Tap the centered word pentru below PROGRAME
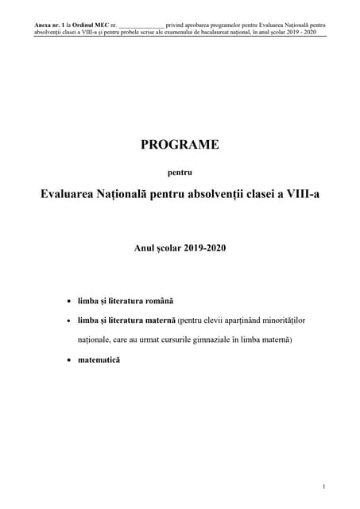(x=179, y=170)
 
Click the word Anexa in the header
(x=44, y=26)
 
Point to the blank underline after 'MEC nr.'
(x=140, y=27)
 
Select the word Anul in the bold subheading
(x=145, y=249)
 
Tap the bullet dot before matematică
(x=69, y=360)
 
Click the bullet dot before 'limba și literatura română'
(x=69, y=302)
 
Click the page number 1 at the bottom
(x=324, y=486)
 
